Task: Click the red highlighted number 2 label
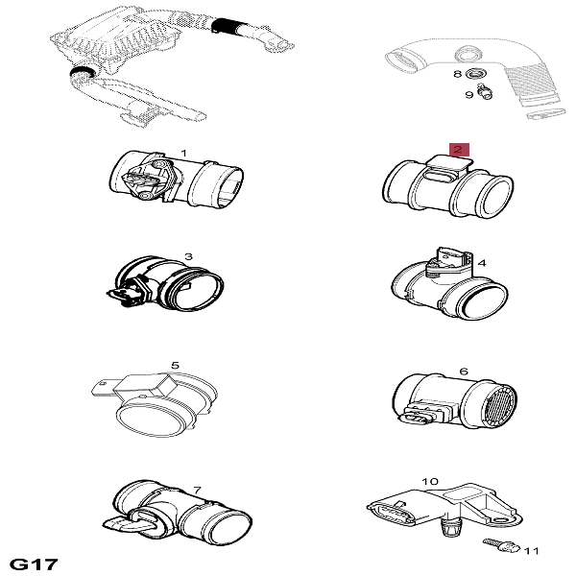459,150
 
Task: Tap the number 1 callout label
184,153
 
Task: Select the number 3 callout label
188,256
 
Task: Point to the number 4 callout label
482,263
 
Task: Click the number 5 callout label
176,366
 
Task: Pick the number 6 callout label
464,372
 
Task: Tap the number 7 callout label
197,490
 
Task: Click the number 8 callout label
457,74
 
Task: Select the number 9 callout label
469,95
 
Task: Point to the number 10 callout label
430,481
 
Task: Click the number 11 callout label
531,551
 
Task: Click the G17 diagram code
34,564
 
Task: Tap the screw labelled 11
501,544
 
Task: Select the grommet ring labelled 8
477,74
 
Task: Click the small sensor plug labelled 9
484,92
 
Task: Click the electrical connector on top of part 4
449,259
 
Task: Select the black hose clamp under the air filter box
83,71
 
